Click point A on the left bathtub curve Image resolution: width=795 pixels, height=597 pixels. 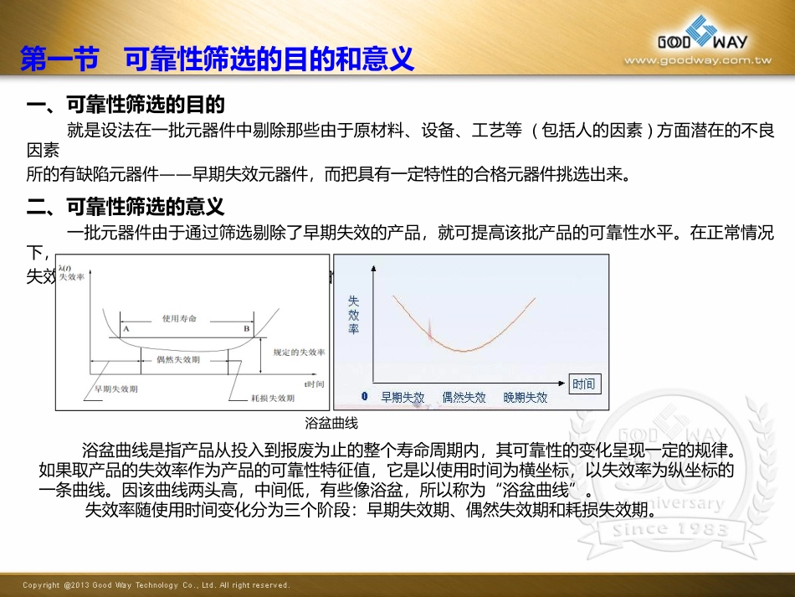pos(126,330)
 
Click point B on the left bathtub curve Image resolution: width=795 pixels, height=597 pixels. pos(247,330)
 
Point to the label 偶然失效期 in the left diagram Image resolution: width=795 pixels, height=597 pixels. pos(178,359)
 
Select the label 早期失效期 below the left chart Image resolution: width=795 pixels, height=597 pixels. pos(116,389)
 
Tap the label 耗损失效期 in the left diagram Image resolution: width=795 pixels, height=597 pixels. pos(272,399)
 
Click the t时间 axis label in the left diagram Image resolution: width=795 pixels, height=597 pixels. pos(314,383)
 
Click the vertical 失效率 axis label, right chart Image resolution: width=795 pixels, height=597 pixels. pos(353,314)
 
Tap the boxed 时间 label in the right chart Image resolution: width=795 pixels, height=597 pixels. pos(583,383)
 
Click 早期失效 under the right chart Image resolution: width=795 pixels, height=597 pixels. pos(403,398)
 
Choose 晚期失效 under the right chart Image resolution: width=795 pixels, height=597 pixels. pos(526,398)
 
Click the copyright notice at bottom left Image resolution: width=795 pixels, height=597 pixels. pos(156,585)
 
